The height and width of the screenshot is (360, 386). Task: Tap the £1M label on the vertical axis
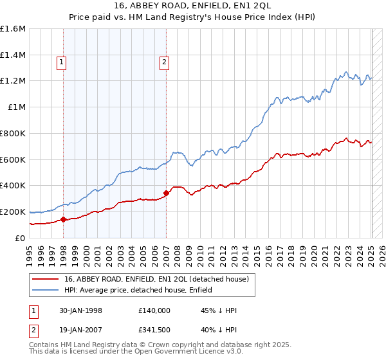17,107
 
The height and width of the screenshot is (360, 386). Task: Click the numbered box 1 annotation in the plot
61,62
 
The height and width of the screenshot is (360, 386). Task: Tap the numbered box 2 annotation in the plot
165,62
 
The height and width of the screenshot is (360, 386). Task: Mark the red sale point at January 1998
64,219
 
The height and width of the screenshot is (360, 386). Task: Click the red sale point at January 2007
167,193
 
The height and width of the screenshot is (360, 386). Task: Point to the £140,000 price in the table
154,310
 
